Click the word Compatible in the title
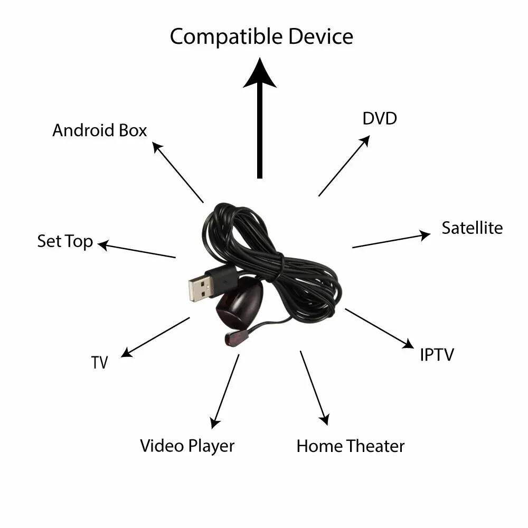tap(226, 37)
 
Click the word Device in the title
tap(320, 36)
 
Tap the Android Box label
tap(99, 130)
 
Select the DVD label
tap(380, 118)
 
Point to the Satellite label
tap(472, 228)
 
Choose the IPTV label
tap(437, 354)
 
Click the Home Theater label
tap(350, 446)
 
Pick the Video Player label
tap(187, 445)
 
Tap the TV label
tap(99, 363)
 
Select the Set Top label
tap(65, 241)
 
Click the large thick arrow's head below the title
tap(259, 74)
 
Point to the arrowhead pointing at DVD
tap(365, 140)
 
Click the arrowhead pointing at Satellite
tap(425, 235)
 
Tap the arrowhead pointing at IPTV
tap(409, 344)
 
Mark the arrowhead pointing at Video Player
tap(214, 422)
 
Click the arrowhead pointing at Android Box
tap(157, 146)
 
